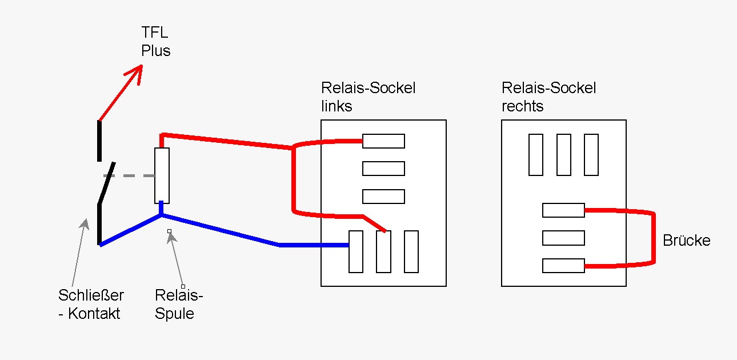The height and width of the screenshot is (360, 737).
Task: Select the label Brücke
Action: pos(686,241)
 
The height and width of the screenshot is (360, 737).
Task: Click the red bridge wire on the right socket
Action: pos(654,238)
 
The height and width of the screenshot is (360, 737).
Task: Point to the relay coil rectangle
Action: pos(162,175)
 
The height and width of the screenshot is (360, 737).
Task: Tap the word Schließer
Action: pos(91,295)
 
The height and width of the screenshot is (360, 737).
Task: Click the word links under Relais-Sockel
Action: pos(337,106)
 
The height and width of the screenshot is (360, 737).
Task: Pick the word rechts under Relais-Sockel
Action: pos(522,106)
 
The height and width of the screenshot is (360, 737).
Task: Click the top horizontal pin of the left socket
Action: pos(383,141)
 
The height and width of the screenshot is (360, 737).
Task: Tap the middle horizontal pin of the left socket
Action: pos(383,169)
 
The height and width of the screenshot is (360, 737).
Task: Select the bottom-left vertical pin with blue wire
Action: pos(356,251)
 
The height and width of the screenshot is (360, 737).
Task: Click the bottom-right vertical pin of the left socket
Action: pos(411,251)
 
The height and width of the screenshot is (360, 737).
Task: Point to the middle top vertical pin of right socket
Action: pos(564,155)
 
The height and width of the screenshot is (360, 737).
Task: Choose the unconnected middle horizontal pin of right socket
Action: pos(563,238)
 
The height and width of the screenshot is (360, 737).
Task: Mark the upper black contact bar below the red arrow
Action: pos(99,140)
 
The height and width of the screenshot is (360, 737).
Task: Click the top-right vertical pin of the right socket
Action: pos(591,155)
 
